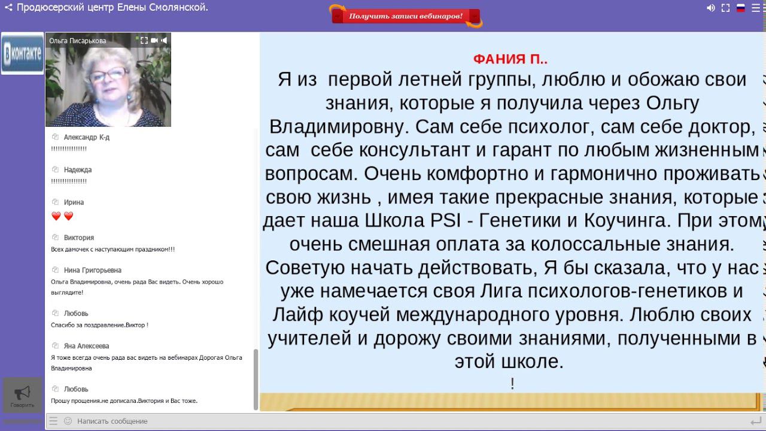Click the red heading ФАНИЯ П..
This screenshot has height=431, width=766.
(510, 59)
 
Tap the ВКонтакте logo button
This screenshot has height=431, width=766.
(22, 53)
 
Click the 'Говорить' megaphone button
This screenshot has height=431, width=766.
(22, 395)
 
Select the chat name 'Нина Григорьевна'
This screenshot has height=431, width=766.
(92, 270)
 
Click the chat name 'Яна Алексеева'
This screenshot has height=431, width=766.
(86, 345)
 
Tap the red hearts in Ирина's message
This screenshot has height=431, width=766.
(62, 216)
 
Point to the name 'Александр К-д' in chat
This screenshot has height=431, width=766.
(86, 137)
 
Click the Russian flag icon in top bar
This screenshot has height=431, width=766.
(740, 8)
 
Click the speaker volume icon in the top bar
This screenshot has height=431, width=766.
(710, 8)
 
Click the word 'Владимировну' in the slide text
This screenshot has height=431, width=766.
(339, 127)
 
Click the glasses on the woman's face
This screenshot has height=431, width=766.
(110, 74)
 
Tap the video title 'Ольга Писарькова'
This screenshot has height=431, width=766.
(78, 41)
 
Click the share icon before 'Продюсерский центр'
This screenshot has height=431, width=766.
(8, 8)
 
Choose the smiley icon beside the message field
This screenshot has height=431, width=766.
(68, 421)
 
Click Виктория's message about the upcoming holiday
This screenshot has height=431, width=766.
(113, 249)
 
